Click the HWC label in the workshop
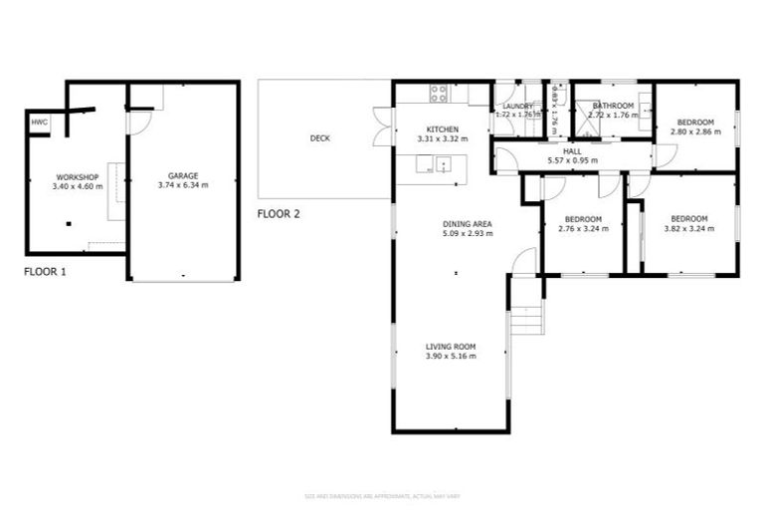(39, 122)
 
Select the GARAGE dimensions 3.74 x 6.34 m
(183, 185)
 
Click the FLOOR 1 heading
(45, 270)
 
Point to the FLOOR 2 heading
(279, 213)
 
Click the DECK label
(319, 138)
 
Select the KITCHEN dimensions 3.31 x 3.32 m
(442, 140)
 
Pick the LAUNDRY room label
(518, 106)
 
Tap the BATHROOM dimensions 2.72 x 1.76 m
(614, 116)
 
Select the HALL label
(572, 150)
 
